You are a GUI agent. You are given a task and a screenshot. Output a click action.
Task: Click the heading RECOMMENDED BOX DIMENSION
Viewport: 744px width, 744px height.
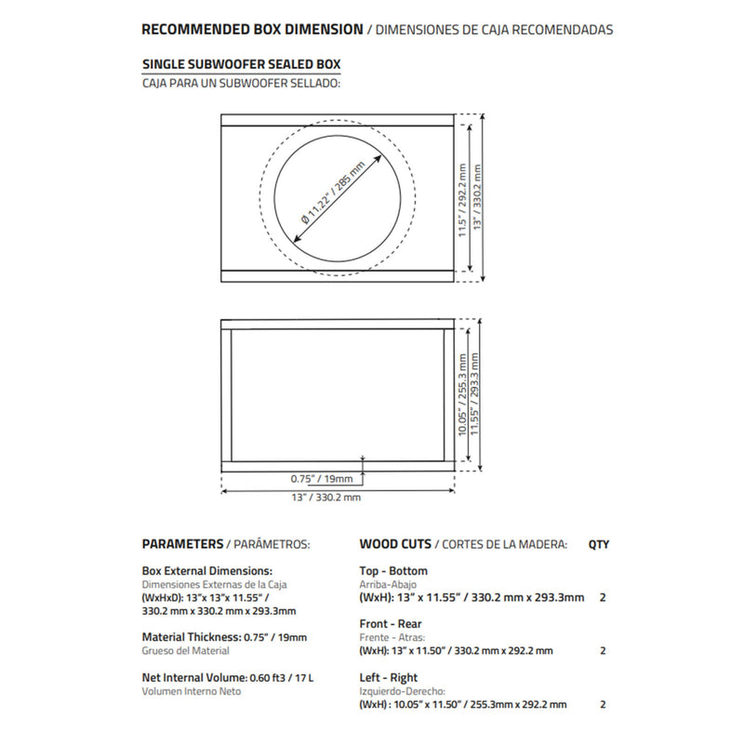251,30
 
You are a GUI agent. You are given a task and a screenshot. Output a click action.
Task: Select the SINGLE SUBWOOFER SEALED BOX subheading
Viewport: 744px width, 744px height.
241,66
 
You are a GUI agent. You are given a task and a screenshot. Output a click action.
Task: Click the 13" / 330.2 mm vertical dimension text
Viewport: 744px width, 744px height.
478,198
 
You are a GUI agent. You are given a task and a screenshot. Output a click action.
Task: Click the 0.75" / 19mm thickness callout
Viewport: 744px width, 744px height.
322,479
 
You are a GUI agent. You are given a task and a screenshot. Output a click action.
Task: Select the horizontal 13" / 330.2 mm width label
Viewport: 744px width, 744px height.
325,498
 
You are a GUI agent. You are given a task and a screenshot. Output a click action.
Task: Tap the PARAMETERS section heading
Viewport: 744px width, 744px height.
182,544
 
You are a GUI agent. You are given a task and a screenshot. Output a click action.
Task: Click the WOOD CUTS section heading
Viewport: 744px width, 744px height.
396,544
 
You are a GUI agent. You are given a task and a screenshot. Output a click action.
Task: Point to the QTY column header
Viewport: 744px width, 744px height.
600,544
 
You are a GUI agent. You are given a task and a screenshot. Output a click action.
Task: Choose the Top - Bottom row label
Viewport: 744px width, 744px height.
393,571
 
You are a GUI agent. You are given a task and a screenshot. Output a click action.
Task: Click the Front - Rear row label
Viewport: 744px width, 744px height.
390,625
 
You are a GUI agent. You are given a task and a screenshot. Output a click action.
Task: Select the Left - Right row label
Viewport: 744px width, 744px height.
388,678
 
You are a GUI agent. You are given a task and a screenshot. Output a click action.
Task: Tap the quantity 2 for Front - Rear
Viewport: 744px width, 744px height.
604,651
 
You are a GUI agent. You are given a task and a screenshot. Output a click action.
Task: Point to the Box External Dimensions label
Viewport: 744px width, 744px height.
206,571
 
